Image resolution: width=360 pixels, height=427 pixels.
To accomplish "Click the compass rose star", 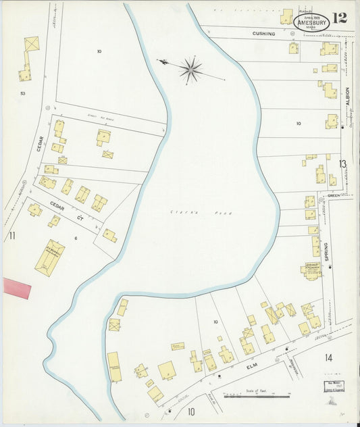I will click(190, 69).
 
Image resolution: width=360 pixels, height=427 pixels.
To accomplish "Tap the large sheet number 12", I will click(340, 18).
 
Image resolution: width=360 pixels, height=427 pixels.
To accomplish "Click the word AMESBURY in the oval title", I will click(311, 22).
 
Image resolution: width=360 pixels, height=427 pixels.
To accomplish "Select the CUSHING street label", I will click(265, 33).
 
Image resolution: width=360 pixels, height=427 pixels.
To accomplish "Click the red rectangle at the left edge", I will click(17, 287).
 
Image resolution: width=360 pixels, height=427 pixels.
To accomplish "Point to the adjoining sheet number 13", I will click(342, 164).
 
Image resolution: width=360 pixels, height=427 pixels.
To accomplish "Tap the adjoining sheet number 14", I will click(329, 357).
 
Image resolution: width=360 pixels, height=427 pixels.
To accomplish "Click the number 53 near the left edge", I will click(23, 93).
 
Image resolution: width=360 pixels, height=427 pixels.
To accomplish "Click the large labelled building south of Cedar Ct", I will click(50, 257).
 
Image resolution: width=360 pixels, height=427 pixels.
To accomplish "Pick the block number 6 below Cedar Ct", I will click(76, 238).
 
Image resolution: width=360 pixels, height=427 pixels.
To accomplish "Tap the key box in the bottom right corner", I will click(330, 386).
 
